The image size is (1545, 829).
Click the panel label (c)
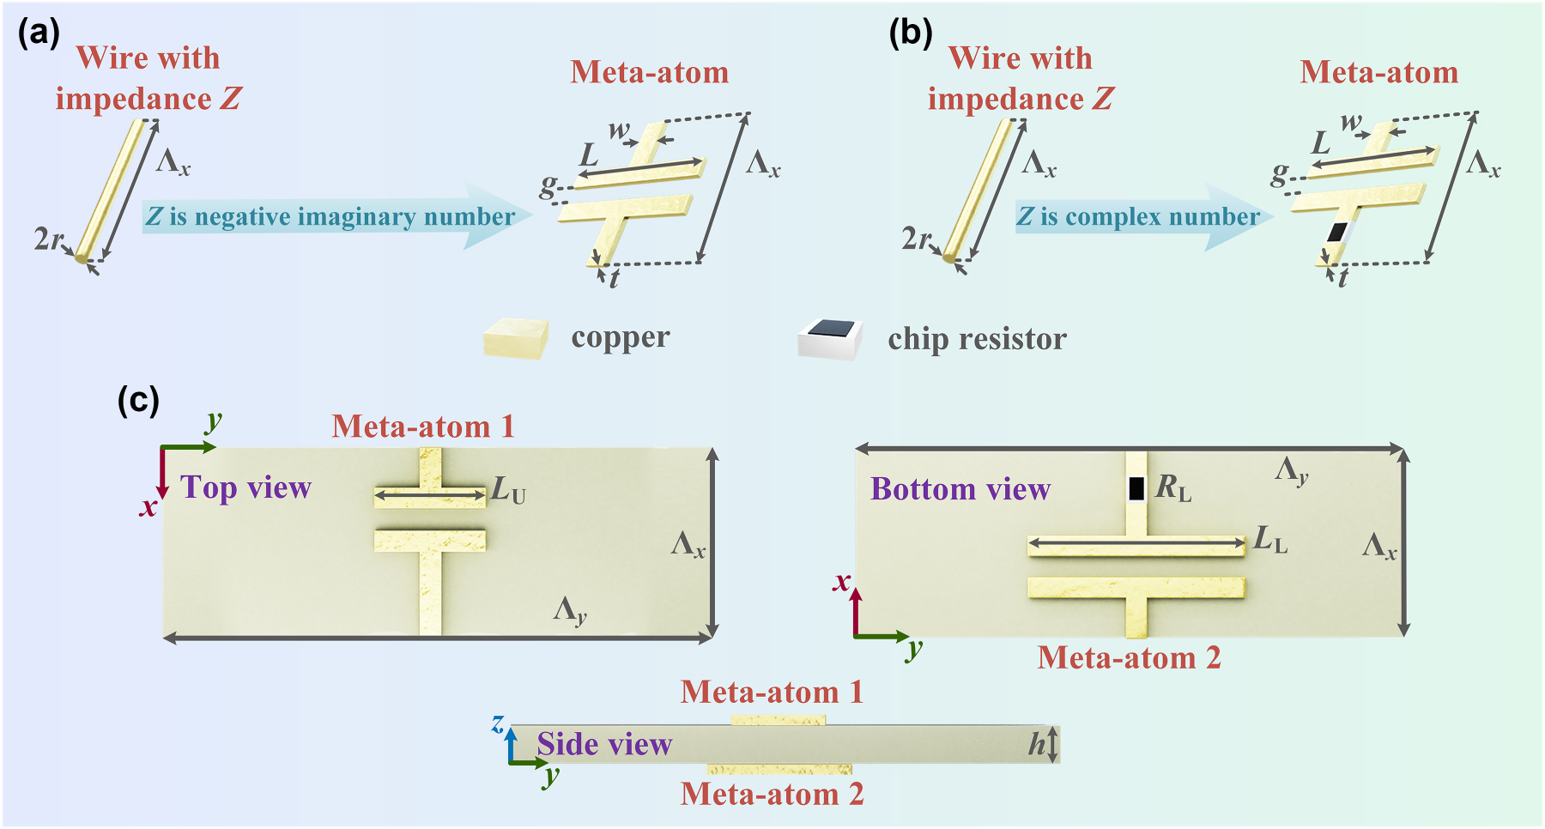(138, 400)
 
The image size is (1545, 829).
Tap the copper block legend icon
(516, 338)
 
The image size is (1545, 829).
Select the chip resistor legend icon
(831, 338)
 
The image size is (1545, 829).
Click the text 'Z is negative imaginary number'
(330, 216)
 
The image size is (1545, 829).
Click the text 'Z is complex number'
(1138, 216)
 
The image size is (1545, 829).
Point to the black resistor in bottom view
(1136, 488)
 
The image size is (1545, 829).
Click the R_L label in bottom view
(1173, 488)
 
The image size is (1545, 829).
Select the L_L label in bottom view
(1270, 540)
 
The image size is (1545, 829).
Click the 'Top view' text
(246, 487)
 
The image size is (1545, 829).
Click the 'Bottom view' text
(960, 489)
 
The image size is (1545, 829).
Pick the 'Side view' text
(604, 744)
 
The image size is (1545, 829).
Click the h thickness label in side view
(1037, 744)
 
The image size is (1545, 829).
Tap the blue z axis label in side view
(497, 723)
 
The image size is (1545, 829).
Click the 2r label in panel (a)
(48, 239)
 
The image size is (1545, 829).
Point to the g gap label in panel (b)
(1279, 175)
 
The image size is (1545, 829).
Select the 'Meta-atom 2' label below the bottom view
(1129, 658)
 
